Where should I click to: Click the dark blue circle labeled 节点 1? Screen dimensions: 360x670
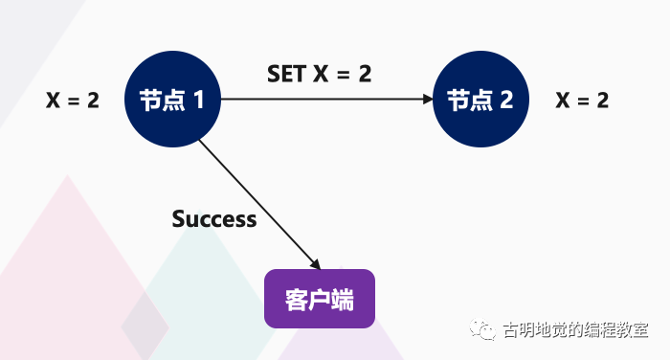click(x=173, y=100)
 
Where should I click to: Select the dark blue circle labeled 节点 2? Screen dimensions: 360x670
click(x=480, y=100)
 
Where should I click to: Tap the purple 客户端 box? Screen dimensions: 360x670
click(x=320, y=299)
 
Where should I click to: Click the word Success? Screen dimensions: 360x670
click(x=214, y=219)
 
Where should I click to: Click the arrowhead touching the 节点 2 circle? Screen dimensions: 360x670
click(x=427, y=99)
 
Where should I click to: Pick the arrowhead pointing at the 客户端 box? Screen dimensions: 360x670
click(x=315, y=264)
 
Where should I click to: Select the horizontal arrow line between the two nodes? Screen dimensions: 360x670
click(x=325, y=99)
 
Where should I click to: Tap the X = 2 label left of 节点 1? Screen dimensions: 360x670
click(x=73, y=100)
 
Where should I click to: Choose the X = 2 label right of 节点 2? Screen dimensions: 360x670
click(x=582, y=100)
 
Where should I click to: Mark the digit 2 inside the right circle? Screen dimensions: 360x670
click(x=506, y=100)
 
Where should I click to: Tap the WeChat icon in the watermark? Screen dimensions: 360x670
click(x=481, y=331)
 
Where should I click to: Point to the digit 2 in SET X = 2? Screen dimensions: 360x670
click(x=365, y=74)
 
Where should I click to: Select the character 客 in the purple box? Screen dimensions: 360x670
click(x=296, y=300)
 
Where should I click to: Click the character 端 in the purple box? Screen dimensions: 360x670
click(x=343, y=300)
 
